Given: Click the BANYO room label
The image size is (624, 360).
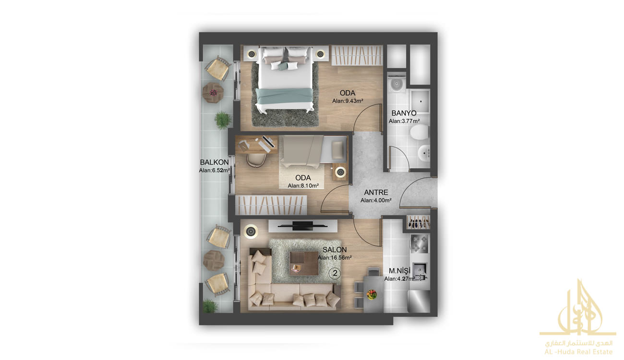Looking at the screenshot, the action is [x=404, y=113].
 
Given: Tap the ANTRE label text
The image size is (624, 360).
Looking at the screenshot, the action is [x=376, y=192].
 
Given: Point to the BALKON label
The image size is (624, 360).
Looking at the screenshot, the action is [x=214, y=162].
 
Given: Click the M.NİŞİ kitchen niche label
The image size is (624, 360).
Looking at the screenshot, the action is [x=399, y=271].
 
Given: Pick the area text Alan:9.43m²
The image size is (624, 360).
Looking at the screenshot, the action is [x=348, y=101].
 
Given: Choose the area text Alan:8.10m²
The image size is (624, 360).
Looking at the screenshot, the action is [x=303, y=186].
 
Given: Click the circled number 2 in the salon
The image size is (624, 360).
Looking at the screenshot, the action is [x=335, y=273].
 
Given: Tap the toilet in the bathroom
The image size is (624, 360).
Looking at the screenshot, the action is [x=419, y=132].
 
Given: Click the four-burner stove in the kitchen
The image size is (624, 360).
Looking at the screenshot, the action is [x=419, y=243].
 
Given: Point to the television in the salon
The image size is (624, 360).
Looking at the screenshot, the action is [x=303, y=226].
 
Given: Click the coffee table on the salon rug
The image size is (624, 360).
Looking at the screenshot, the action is [x=304, y=264].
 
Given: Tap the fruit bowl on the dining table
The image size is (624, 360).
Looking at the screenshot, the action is [x=372, y=295].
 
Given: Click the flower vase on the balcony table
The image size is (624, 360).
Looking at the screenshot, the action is [x=213, y=92].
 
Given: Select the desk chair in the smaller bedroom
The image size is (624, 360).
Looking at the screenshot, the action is [x=256, y=160].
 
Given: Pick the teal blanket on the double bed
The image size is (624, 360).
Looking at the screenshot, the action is [x=285, y=96].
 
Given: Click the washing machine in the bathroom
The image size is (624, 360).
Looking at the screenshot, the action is [x=396, y=82].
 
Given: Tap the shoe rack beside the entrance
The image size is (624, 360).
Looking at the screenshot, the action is [x=419, y=223].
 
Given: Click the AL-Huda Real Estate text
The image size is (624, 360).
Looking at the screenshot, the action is [x=578, y=352].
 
